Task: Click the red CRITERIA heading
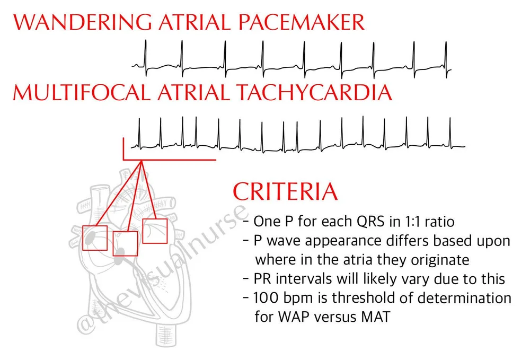click(285, 191)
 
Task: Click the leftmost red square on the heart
click(95, 238)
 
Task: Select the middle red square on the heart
click(126, 244)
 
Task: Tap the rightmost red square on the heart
click(155, 231)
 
